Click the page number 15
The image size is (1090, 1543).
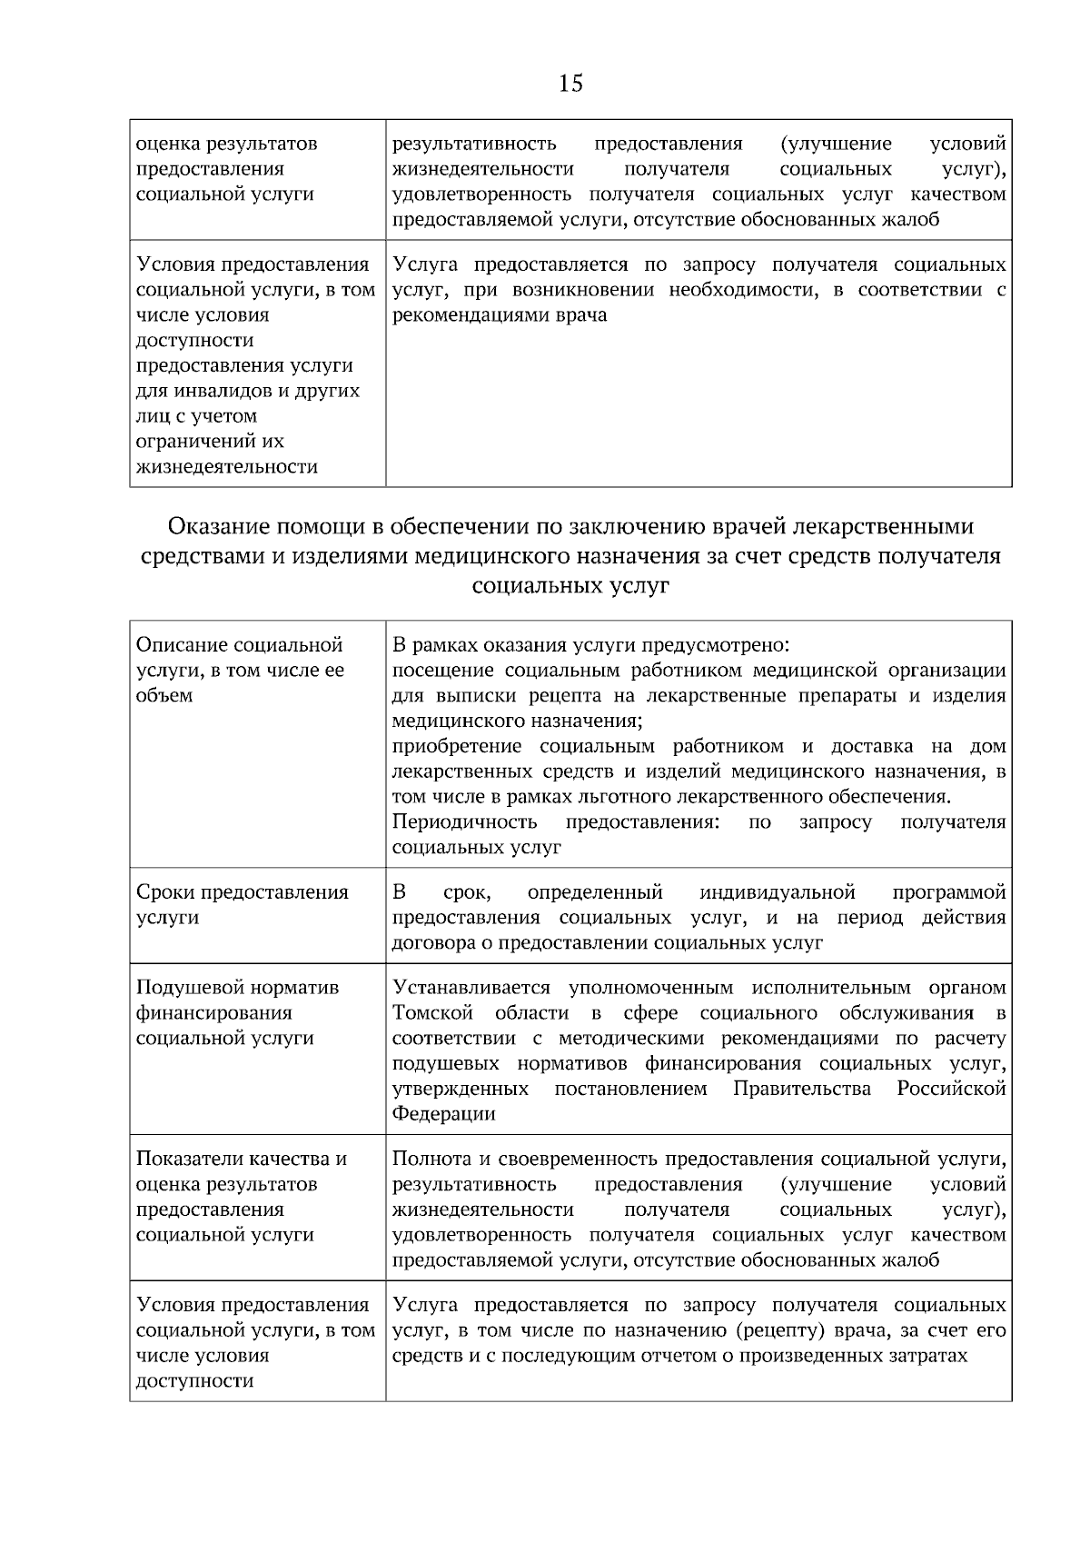pyautogui.click(x=571, y=85)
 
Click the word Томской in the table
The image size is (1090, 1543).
pyautogui.click(x=432, y=1012)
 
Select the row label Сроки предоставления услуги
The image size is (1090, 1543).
pyautogui.click(x=242, y=904)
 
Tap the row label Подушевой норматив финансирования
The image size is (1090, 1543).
pyautogui.click(x=236, y=1000)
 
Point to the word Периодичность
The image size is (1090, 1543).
pyautogui.click(x=464, y=821)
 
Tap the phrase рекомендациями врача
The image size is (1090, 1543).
pyautogui.click(x=499, y=315)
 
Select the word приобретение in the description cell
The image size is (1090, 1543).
pyautogui.click(x=458, y=746)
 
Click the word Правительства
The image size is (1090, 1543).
pyautogui.click(x=801, y=1088)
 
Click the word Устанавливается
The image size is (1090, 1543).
pyautogui.click(x=471, y=987)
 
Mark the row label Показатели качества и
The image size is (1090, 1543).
pyautogui.click(x=242, y=1159)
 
